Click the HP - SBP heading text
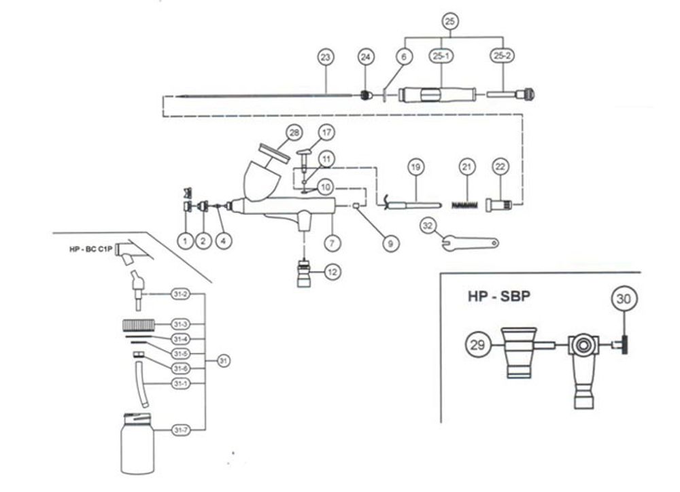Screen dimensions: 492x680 click(500, 297)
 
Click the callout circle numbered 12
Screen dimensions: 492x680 click(332, 272)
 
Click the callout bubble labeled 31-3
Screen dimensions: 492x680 click(180, 323)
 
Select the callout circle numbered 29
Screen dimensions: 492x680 click(478, 346)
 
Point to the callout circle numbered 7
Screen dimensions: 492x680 click(332, 241)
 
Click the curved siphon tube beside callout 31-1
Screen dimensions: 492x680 click(141, 386)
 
